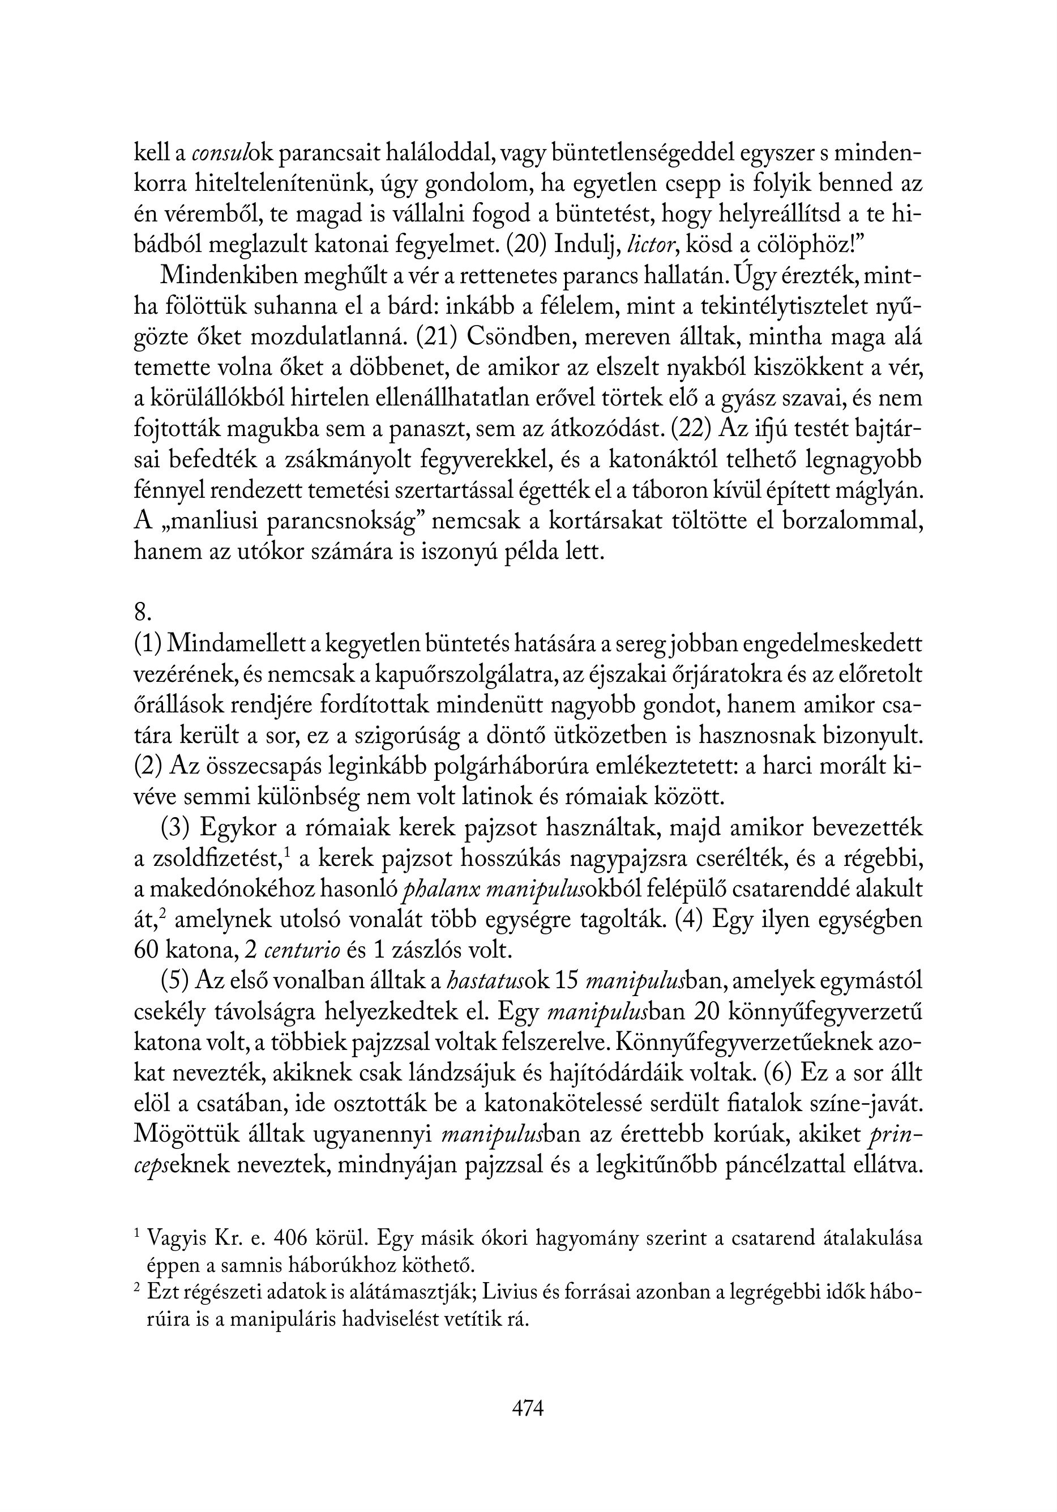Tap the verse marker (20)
tap(526, 245)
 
